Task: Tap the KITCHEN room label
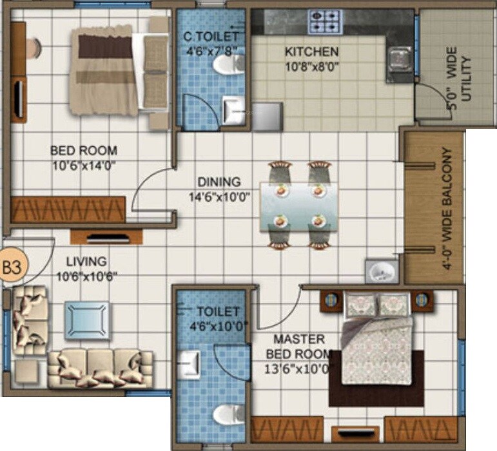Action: point(312,52)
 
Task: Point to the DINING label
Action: point(219,182)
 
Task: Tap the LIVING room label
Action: point(86,262)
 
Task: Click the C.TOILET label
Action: point(211,37)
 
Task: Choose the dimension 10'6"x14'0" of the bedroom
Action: point(84,165)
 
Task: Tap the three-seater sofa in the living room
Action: point(100,369)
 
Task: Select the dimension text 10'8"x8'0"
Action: point(312,65)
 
